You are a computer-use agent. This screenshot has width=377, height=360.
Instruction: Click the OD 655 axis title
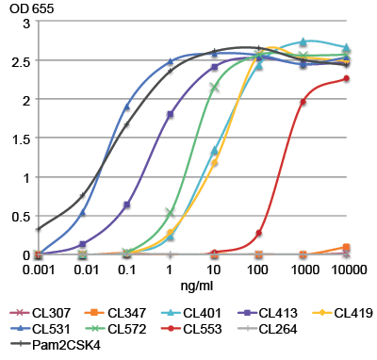[23, 8]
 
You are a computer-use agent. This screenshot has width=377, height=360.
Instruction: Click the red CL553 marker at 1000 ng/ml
[303, 102]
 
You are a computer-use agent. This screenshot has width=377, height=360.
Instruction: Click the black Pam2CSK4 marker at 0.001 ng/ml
[38, 229]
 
